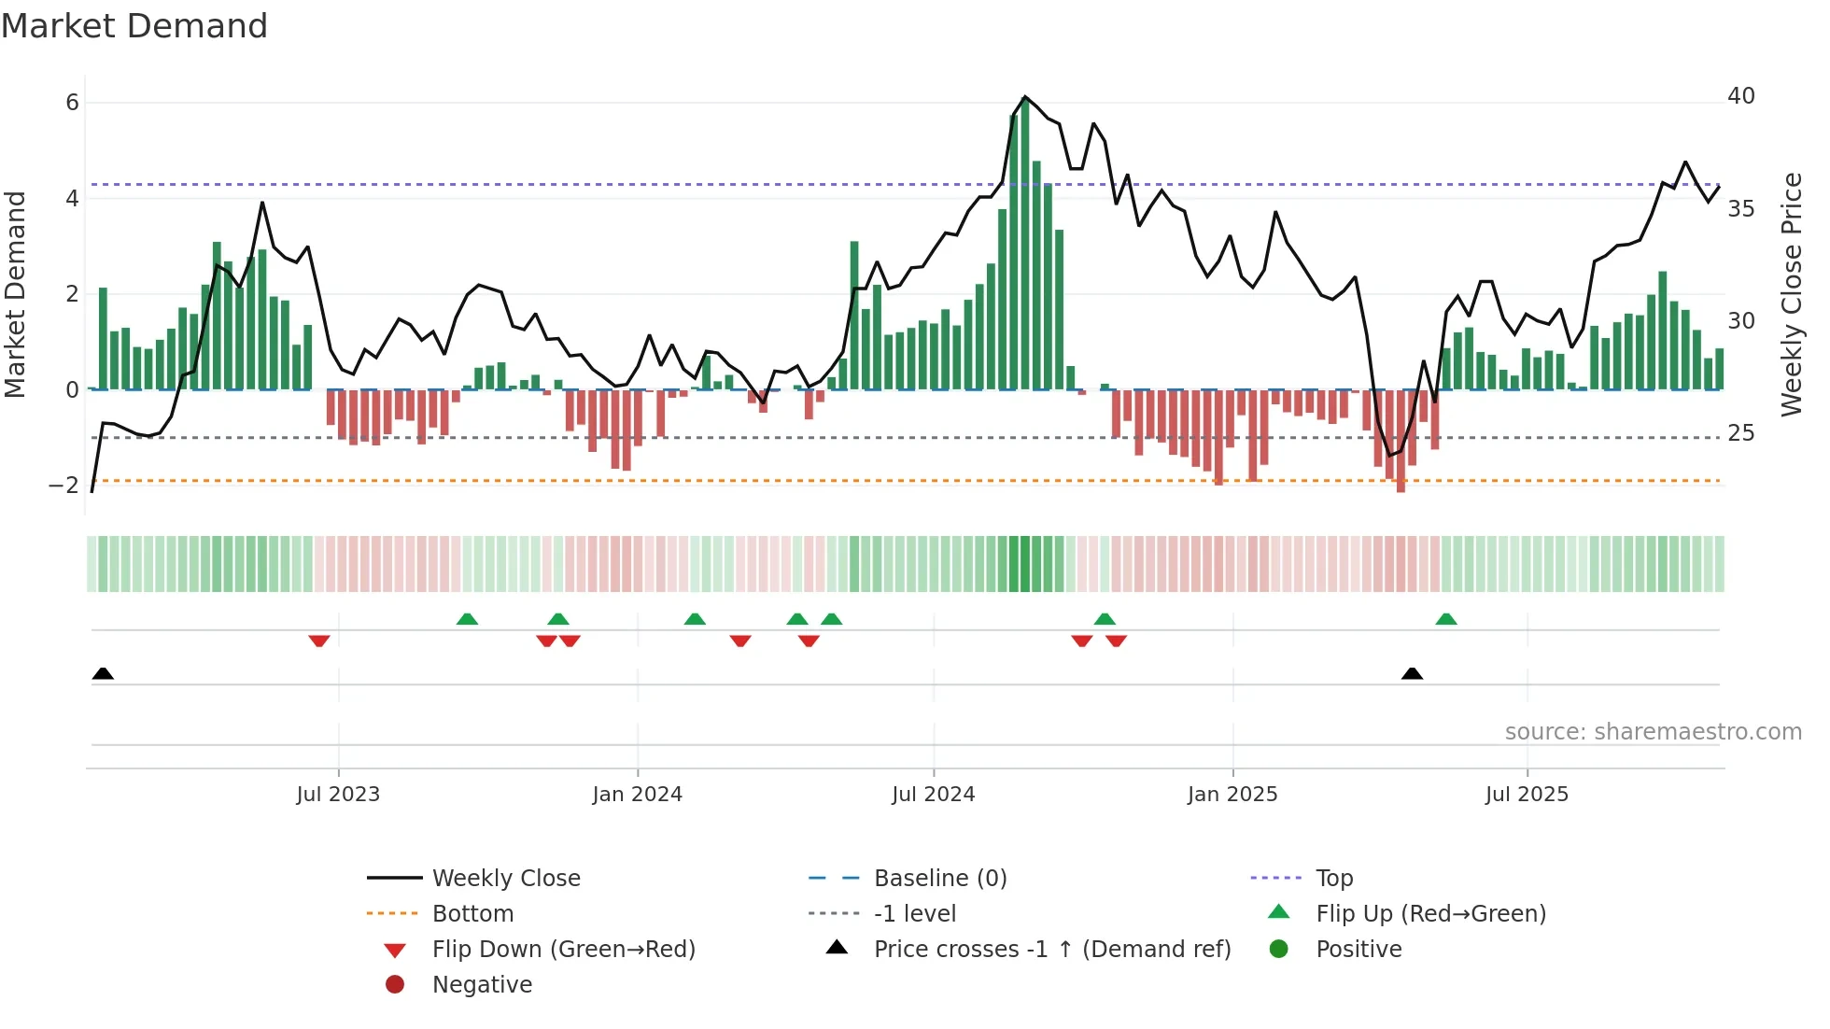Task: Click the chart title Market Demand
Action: pyautogui.click(x=134, y=26)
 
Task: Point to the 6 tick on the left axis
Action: pyautogui.click(x=72, y=103)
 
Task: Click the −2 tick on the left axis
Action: pyautogui.click(x=64, y=485)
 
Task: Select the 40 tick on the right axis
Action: pyautogui.click(x=1740, y=96)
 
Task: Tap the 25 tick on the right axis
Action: pyautogui.click(x=1740, y=433)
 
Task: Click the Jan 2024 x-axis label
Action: pyautogui.click(x=637, y=795)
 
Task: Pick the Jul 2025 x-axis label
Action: pyautogui.click(x=1527, y=795)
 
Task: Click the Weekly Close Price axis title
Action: pyautogui.click(x=1791, y=294)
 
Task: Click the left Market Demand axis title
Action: pyautogui.click(x=16, y=294)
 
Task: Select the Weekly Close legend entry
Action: pyautogui.click(x=505, y=879)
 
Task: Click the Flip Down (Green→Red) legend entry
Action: pyautogui.click(x=563, y=950)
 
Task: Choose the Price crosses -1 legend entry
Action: pyautogui.click(x=1051, y=950)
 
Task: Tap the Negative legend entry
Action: pyautogui.click(x=482, y=985)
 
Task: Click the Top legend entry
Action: pyautogui.click(x=1333, y=879)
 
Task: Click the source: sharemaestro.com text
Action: pyautogui.click(x=1653, y=732)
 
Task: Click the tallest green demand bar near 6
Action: pyautogui.click(x=1025, y=243)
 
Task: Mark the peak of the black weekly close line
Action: pyautogui.click(x=1025, y=97)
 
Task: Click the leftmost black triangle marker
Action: pyautogui.click(x=103, y=674)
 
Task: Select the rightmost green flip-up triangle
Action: pyautogui.click(x=1445, y=619)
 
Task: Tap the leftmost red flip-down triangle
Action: pyautogui.click(x=319, y=641)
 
